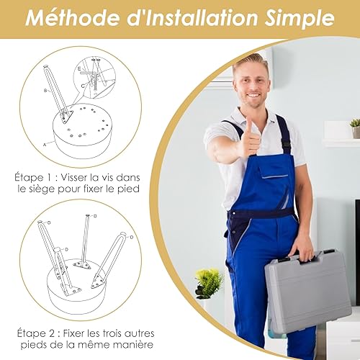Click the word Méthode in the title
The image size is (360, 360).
pos(73,18)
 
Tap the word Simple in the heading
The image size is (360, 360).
pos(300,19)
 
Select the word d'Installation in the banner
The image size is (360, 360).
pos(192,18)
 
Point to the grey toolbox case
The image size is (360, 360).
pos(308,291)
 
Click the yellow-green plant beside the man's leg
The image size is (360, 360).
pos(208,283)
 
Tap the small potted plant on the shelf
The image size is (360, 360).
pos(355,128)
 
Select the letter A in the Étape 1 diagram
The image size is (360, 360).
pos(45,145)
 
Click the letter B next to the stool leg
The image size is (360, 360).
pos(45,91)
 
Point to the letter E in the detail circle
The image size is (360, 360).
pos(79,69)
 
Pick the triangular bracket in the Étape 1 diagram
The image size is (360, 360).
pos(66,117)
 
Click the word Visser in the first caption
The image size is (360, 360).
pos(73,178)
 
